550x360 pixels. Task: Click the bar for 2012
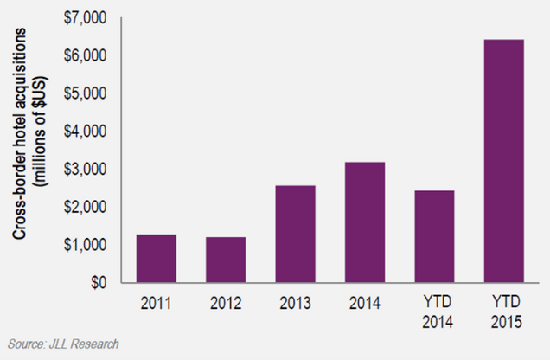225,260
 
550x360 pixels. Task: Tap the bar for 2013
294,234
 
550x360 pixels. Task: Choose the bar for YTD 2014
433,236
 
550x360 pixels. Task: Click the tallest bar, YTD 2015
502,161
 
